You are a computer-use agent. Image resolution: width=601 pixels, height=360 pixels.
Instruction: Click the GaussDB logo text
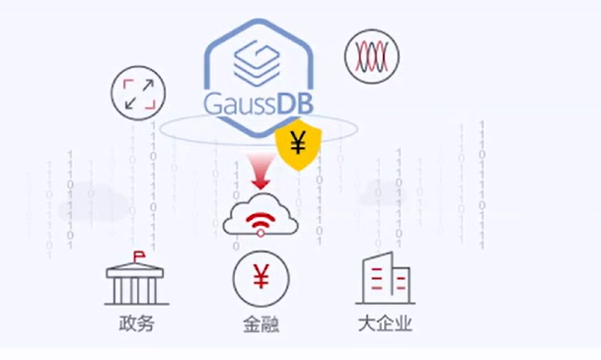click(259, 103)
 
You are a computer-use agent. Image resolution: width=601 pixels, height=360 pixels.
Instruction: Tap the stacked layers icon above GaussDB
click(258, 63)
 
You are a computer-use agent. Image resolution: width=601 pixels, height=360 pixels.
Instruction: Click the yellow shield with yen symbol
click(299, 144)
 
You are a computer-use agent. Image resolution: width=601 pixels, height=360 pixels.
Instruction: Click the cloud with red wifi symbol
click(261, 215)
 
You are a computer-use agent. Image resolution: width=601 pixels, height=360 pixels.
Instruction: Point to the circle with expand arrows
click(138, 93)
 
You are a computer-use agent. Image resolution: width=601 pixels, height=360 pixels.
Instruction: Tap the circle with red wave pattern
click(372, 56)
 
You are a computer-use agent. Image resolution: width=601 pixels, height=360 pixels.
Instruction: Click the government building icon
click(136, 278)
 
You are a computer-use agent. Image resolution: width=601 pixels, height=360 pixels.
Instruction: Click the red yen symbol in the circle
click(261, 276)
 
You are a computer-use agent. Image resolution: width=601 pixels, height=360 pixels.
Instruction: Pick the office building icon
click(385, 278)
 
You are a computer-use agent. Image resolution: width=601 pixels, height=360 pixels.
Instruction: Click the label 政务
click(137, 324)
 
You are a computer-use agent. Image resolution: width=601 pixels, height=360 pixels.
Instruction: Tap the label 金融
click(261, 324)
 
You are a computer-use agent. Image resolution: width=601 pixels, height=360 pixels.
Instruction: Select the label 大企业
click(385, 324)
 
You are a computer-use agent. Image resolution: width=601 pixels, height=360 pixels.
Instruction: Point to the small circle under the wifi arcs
click(261, 233)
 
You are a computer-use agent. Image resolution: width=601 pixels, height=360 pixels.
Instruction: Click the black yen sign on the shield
click(298, 142)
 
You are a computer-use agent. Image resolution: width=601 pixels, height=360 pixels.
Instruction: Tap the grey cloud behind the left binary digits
click(94, 203)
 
